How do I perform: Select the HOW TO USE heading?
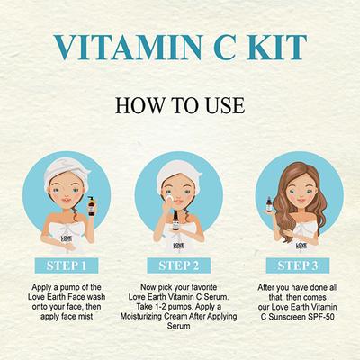(x=180, y=104)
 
